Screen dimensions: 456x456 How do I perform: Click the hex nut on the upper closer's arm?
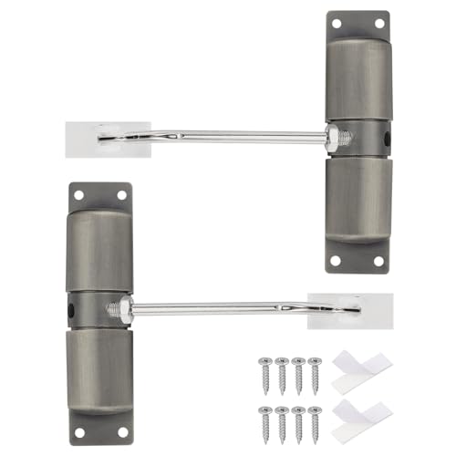334,139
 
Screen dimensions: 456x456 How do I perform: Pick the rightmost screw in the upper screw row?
316,373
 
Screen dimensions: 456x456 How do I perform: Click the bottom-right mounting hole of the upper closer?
378,262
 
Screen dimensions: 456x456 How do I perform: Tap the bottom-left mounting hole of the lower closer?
79,431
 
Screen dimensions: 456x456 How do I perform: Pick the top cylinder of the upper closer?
357,78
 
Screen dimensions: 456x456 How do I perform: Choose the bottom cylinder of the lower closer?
100,369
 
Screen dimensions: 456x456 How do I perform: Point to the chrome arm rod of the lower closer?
219,309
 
